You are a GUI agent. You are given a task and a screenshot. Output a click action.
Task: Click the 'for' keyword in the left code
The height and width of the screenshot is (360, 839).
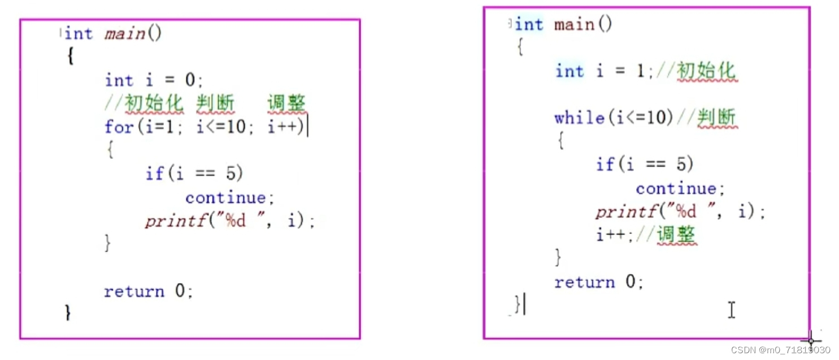[x=118, y=127]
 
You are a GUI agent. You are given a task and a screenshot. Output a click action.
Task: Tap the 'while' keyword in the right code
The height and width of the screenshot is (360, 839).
[x=579, y=118]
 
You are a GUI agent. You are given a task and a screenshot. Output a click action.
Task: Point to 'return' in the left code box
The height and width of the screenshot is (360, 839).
[x=134, y=292]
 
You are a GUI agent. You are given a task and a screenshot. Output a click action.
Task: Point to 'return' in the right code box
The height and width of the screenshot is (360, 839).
[x=584, y=282]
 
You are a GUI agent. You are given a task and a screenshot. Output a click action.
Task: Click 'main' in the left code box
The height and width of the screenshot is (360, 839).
[x=125, y=34]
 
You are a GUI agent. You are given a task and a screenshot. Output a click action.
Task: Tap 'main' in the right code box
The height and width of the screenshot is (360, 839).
[x=574, y=25]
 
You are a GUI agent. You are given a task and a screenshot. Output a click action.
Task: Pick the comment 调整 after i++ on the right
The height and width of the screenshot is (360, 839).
[x=677, y=235]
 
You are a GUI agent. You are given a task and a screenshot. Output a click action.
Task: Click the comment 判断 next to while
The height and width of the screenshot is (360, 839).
[x=716, y=118]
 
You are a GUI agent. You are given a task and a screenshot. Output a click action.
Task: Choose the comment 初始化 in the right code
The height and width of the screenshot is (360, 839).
[x=707, y=71]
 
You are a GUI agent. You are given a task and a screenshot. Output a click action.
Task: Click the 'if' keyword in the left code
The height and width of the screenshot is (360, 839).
[x=154, y=174]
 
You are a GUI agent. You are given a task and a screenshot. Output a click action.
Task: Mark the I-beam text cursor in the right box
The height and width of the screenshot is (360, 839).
[x=732, y=310]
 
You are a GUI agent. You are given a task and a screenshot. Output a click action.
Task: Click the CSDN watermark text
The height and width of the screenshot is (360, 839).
[x=780, y=350]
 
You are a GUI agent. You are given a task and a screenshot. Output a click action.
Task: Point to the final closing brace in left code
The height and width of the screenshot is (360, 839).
[x=68, y=312]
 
